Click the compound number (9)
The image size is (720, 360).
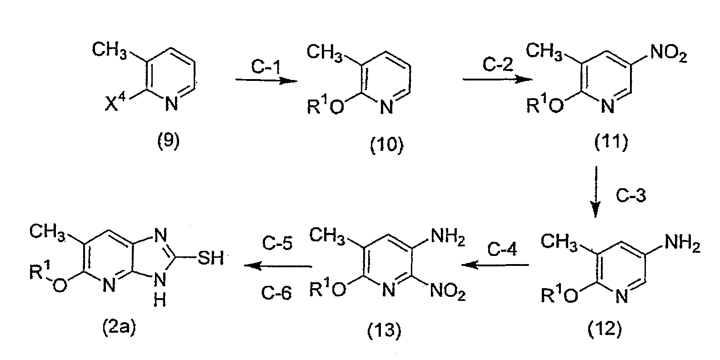click(x=168, y=141)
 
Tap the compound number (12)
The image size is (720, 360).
click(x=605, y=329)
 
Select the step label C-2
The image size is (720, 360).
click(x=498, y=64)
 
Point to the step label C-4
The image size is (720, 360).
click(x=502, y=249)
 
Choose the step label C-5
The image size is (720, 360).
click(x=277, y=243)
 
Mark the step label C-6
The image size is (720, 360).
click(x=276, y=293)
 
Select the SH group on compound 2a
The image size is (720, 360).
click(x=210, y=258)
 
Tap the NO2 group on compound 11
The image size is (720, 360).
click(x=669, y=53)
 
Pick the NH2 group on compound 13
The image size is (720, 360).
click(x=448, y=238)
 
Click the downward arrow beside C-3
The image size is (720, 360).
click(x=596, y=192)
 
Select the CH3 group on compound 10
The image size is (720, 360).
click(x=325, y=52)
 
